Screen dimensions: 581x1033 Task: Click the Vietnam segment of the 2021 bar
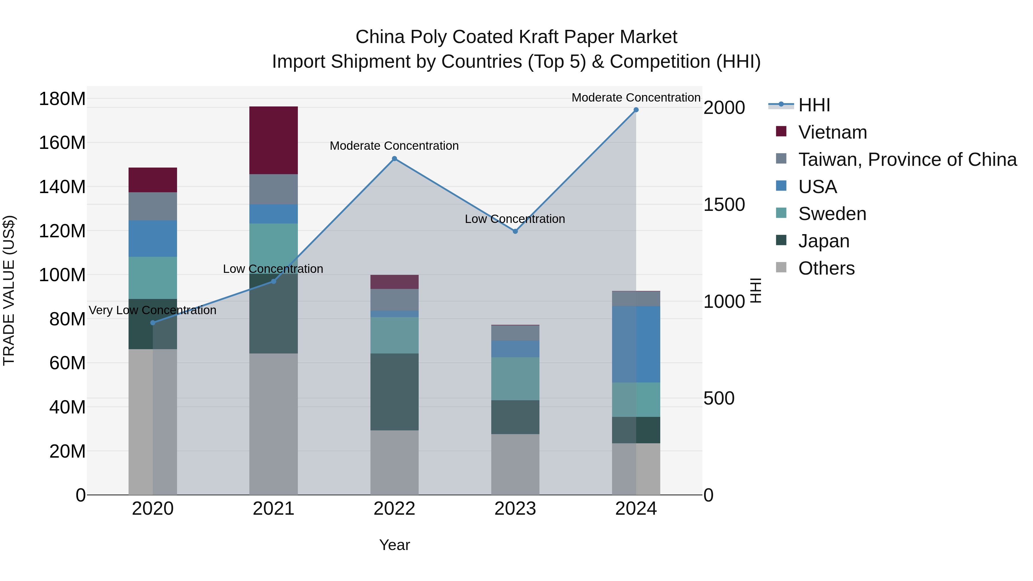tap(273, 140)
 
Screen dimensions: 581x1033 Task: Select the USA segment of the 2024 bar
tap(636, 344)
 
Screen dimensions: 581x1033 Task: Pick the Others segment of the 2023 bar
tap(515, 464)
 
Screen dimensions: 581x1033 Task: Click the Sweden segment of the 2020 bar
tap(152, 277)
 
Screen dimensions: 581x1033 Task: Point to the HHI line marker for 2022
tap(394, 159)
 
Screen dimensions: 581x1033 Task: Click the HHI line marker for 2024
tap(636, 110)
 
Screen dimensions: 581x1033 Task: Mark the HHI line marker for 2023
tap(515, 231)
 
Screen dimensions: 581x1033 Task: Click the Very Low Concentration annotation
tap(152, 310)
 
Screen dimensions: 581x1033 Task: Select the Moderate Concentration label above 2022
tap(394, 146)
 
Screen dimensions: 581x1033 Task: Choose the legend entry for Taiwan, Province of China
tap(907, 160)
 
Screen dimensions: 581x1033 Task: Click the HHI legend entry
tap(814, 105)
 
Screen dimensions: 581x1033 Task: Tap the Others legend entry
tap(826, 268)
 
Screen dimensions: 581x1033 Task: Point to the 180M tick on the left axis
tap(62, 99)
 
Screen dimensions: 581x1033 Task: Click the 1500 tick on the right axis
tap(724, 205)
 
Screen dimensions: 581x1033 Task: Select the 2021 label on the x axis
tap(273, 509)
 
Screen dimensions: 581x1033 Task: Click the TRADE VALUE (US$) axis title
tap(9, 290)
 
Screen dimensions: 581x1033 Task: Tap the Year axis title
tap(394, 545)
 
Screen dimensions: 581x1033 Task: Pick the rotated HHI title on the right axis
tap(756, 290)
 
